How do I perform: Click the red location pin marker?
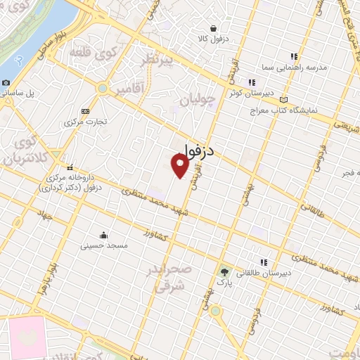coord(181,166)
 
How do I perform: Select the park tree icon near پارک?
coord(224,271)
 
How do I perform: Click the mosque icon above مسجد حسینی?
coord(104,235)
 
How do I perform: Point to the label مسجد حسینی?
coord(103,246)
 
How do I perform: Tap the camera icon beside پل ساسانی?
coord(6,82)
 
